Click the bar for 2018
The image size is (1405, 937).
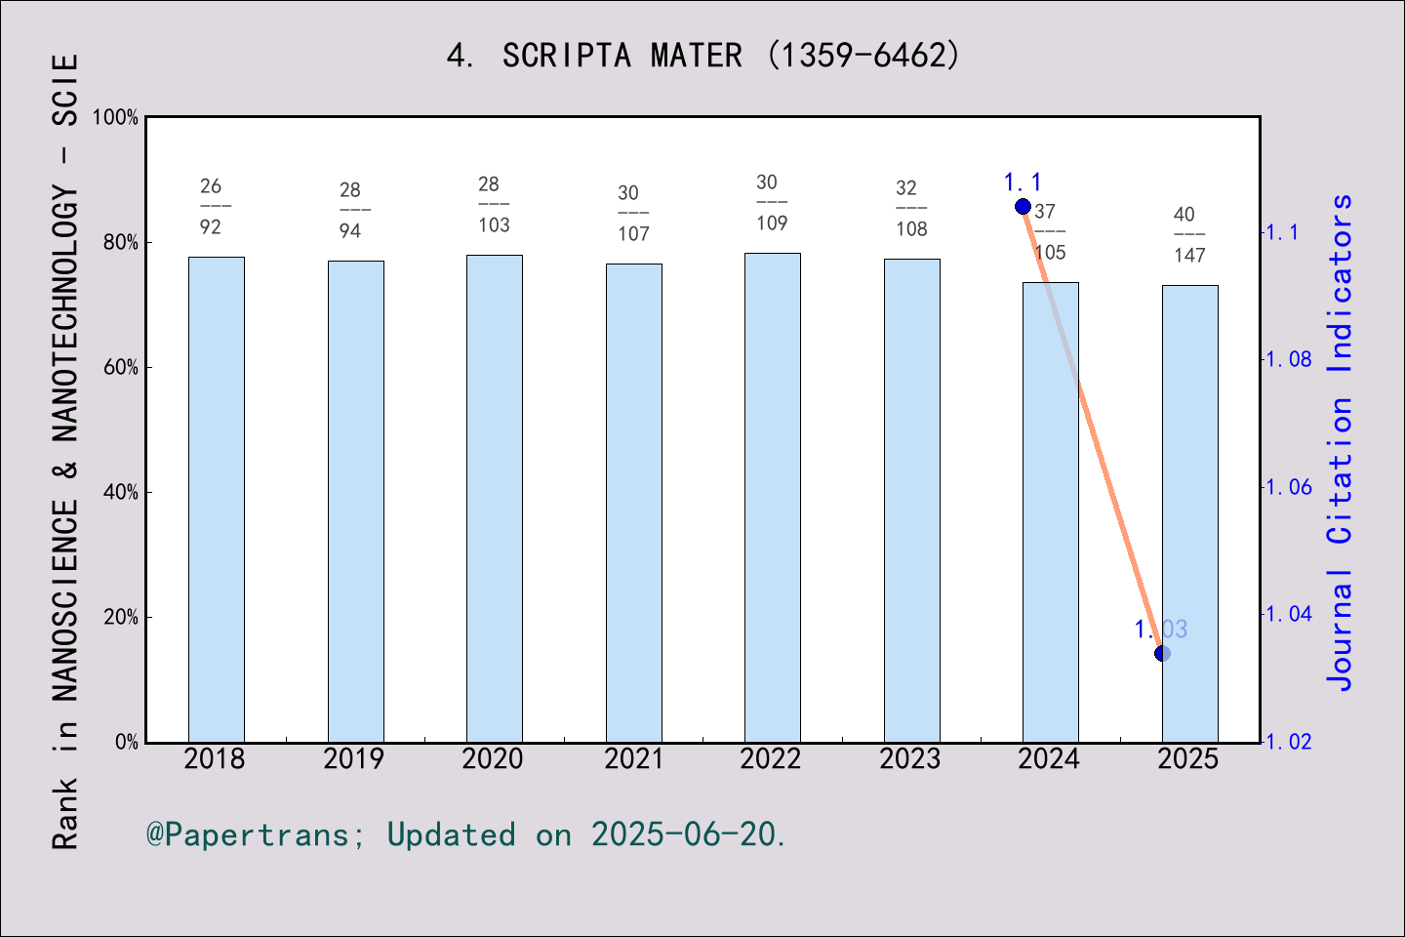pyautogui.click(x=216, y=499)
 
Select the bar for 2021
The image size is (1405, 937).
pyautogui.click(x=633, y=503)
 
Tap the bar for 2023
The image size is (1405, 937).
pyautogui.click(x=911, y=500)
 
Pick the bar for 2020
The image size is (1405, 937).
pyautogui.click(x=494, y=498)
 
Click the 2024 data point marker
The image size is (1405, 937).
pyautogui.click(x=1023, y=206)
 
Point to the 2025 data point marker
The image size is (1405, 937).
pyautogui.click(x=1162, y=653)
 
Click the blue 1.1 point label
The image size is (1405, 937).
pyautogui.click(x=1023, y=183)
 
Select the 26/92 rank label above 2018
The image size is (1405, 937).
pyautogui.click(x=212, y=206)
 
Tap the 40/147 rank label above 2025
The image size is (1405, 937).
pyautogui.click(x=1188, y=234)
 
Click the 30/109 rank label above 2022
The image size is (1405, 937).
pyautogui.click(x=771, y=202)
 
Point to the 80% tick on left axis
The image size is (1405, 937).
pyautogui.click(x=122, y=243)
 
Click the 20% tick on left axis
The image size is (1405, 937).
pyautogui.click(x=122, y=618)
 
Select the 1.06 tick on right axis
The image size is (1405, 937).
pyautogui.click(x=1288, y=487)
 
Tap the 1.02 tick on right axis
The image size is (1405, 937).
pyautogui.click(x=1288, y=742)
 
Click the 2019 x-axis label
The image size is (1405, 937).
pyautogui.click(x=353, y=759)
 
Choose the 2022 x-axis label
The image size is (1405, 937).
pyautogui.click(x=771, y=759)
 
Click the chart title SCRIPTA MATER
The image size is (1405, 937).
pyautogui.click(x=702, y=56)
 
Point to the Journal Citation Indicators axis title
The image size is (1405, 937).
pyautogui.click(x=1341, y=441)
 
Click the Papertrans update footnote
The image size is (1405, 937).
pyautogui.click(x=465, y=835)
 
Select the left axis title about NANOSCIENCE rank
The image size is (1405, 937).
pyautogui.click(x=64, y=451)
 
